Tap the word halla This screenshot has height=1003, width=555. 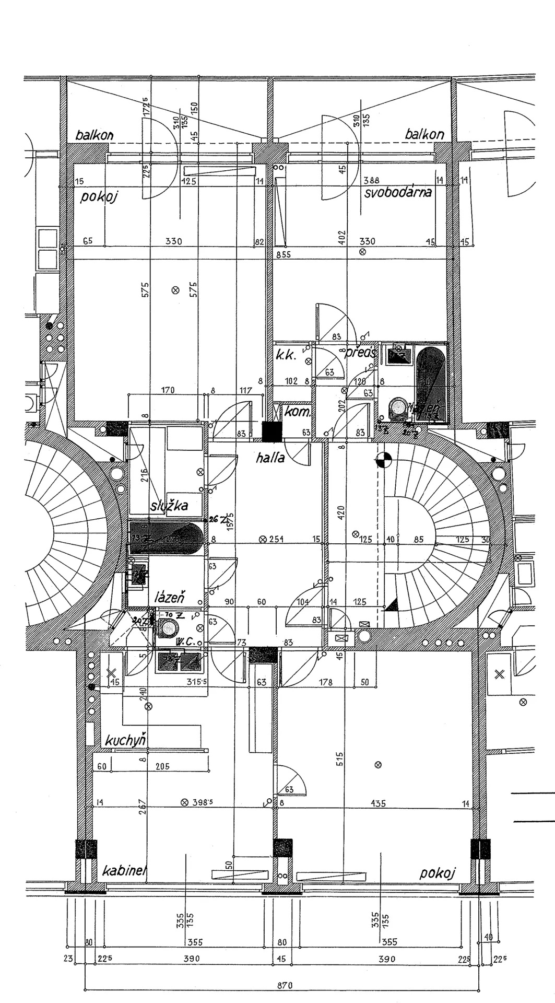(x=270, y=458)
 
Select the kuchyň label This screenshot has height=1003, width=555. (x=125, y=740)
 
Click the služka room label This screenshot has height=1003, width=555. (x=169, y=506)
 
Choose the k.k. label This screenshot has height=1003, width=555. (x=286, y=356)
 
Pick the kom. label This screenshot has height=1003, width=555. (x=297, y=412)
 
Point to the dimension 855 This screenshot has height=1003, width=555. (x=284, y=254)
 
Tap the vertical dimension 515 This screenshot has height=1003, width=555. (x=340, y=759)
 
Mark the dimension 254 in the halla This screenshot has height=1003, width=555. (x=276, y=539)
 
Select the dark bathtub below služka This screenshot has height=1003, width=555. (x=166, y=538)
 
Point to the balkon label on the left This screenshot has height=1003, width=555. (x=95, y=135)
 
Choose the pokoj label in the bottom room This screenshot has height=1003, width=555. (x=438, y=873)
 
